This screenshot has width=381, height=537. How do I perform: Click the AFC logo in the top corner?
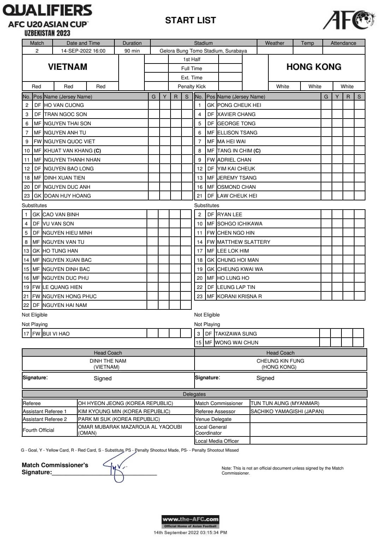[x=349, y=20]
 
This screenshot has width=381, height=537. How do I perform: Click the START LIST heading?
[x=190, y=20]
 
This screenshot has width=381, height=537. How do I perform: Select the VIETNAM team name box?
[x=67, y=67]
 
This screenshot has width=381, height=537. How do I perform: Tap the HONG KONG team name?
[x=314, y=67]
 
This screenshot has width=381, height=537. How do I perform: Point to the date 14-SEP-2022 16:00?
[x=83, y=51]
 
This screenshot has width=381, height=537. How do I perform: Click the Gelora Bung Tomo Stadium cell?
[x=203, y=51]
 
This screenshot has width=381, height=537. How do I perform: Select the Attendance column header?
[x=343, y=43]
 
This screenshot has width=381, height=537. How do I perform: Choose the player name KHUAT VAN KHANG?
[x=72, y=151]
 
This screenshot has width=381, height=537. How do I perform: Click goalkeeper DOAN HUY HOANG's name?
[x=67, y=196]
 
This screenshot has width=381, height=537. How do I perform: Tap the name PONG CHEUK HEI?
[x=239, y=105]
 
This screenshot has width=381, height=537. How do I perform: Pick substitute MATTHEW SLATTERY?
[x=244, y=242]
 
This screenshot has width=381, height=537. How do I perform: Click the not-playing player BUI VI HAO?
[x=56, y=334]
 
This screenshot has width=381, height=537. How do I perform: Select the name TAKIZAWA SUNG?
[x=236, y=334]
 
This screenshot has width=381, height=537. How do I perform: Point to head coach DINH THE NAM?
[x=108, y=361]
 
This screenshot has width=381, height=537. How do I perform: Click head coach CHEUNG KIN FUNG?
[x=280, y=361]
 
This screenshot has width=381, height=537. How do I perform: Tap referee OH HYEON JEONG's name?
[x=125, y=403]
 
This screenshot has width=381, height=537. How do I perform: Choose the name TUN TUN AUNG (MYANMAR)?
[x=285, y=403]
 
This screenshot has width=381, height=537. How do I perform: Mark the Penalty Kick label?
[x=191, y=86]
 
